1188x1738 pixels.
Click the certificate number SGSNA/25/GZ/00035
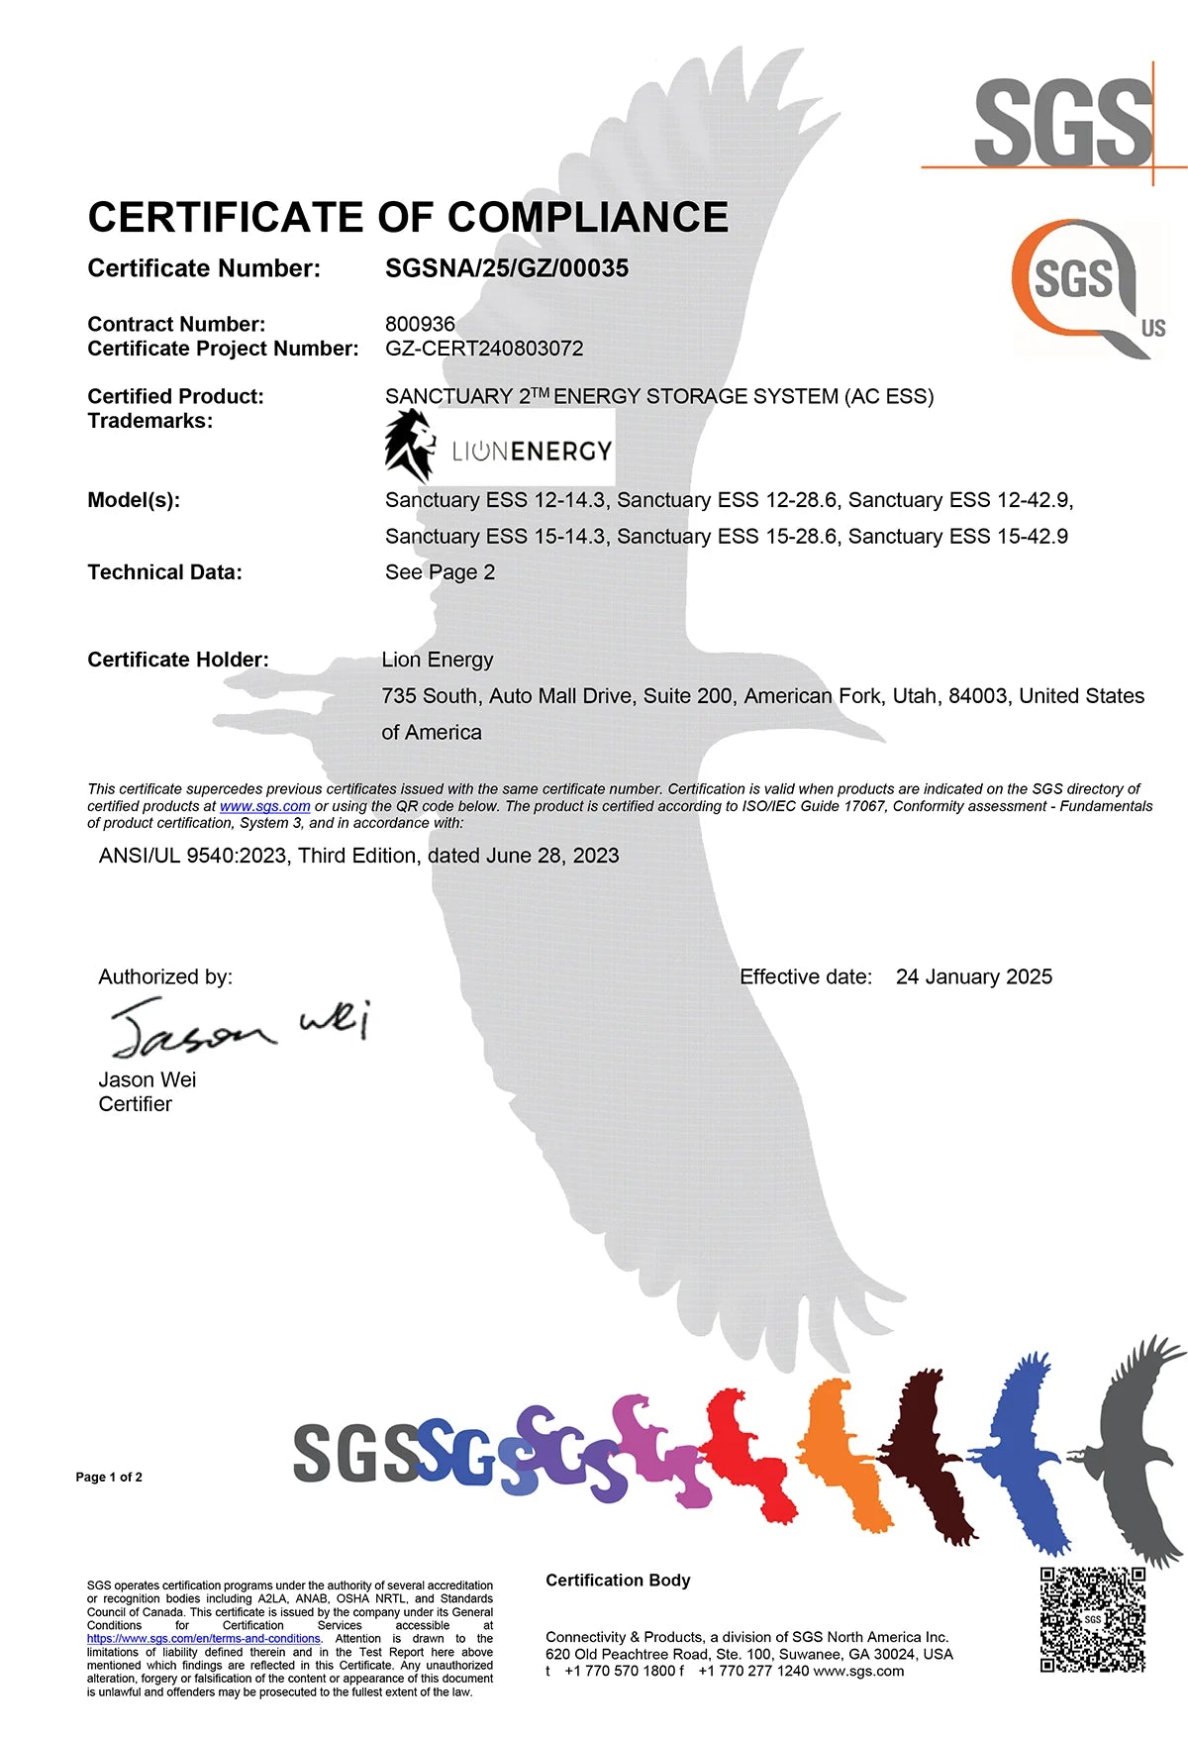(x=506, y=268)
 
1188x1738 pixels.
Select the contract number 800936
(x=420, y=324)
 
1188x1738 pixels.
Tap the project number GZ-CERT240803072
(x=484, y=349)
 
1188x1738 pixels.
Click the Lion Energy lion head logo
(x=409, y=446)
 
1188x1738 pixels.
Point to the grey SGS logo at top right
(x=1063, y=123)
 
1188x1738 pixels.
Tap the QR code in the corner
(x=1092, y=1619)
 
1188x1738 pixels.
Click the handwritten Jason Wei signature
(x=238, y=1028)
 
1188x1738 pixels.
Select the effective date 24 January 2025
(x=973, y=976)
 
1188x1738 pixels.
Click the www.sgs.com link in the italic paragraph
(x=264, y=806)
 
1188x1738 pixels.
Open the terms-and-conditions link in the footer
(x=203, y=1638)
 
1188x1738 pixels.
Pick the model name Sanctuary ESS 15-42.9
(x=957, y=536)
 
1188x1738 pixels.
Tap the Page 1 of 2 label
(x=109, y=1477)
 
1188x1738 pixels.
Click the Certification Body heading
(x=618, y=1580)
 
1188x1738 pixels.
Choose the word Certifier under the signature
(x=135, y=1104)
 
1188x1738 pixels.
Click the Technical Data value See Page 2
(x=440, y=572)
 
